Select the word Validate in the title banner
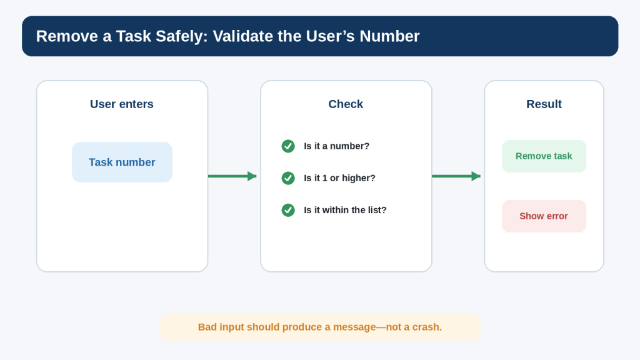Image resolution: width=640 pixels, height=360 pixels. pyautogui.click(x=242, y=36)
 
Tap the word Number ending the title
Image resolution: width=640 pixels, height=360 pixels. pyautogui.click(x=389, y=36)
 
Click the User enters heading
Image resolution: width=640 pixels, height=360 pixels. pyautogui.click(x=122, y=104)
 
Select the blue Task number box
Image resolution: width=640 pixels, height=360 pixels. pyautogui.click(x=122, y=162)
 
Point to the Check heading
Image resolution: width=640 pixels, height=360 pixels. pyautogui.click(x=346, y=104)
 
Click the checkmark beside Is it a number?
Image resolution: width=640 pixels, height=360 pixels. pyautogui.click(x=288, y=146)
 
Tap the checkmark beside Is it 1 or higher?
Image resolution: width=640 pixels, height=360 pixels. pyautogui.click(x=288, y=178)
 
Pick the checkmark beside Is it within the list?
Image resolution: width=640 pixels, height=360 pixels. pyautogui.click(x=288, y=210)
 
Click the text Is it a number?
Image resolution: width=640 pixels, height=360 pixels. pyautogui.click(x=336, y=146)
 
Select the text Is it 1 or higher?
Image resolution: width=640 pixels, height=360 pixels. pyautogui.click(x=339, y=178)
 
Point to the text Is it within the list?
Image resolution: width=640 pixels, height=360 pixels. pyautogui.click(x=345, y=210)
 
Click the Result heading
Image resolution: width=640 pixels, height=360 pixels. pyautogui.click(x=544, y=104)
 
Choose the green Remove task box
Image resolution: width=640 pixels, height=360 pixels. pyautogui.click(x=544, y=156)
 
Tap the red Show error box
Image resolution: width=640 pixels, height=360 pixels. pyautogui.click(x=544, y=216)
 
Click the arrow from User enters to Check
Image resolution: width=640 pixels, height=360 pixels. pyautogui.click(x=232, y=176)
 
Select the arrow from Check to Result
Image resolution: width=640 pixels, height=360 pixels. pyautogui.click(x=456, y=176)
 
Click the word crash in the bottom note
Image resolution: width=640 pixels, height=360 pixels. pyautogui.click(x=427, y=327)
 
